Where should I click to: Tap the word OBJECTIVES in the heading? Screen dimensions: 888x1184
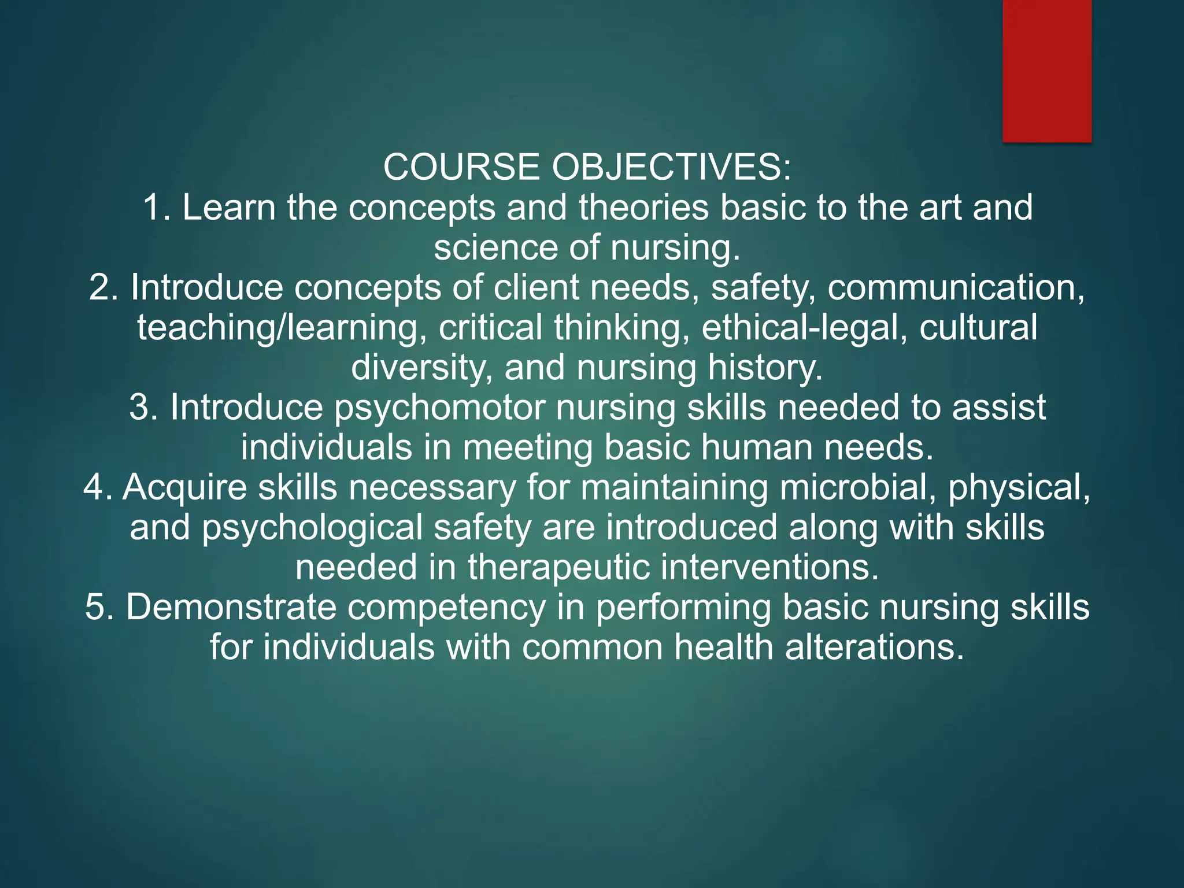(x=671, y=168)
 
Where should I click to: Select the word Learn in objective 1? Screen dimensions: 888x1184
(x=229, y=208)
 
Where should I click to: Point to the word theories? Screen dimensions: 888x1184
(x=643, y=208)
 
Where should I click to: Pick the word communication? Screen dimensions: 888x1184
(x=955, y=287)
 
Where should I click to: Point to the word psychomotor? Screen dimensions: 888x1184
(x=439, y=408)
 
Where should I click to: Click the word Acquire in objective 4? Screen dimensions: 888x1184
(x=185, y=487)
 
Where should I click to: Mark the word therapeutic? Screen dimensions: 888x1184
(x=558, y=567)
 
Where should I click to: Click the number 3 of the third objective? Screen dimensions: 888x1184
(x=139, y=408)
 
